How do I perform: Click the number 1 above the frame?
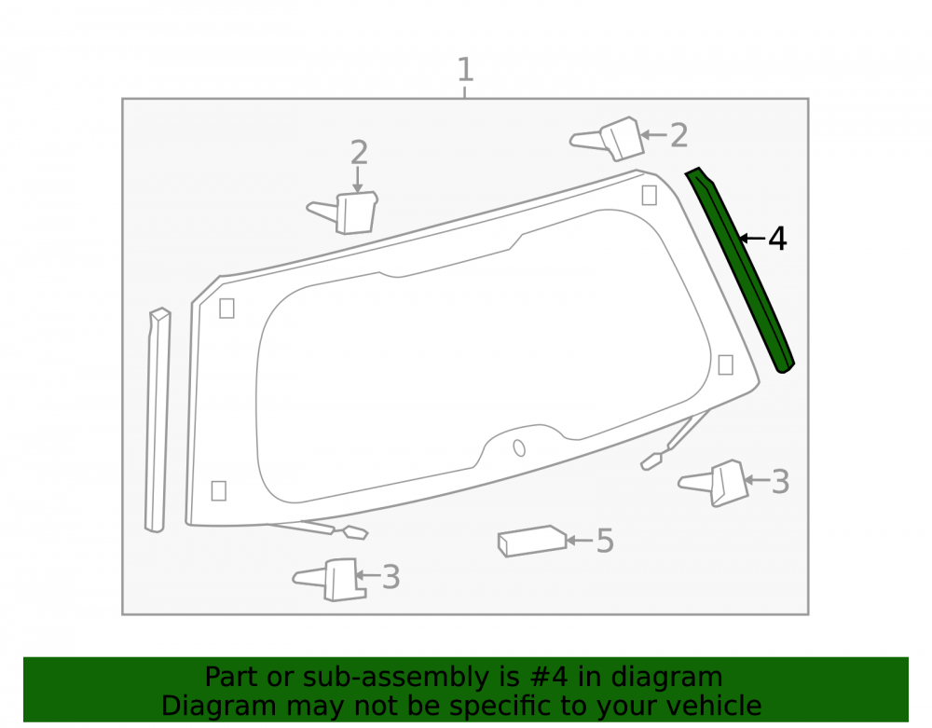coord(465,69)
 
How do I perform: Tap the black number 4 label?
coord(777,239)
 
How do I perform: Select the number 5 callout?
coord(605,541)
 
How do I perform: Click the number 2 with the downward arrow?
coord(359,153)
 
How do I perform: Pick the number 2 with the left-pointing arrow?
coord(678,135)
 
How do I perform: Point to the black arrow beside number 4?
coord(752,239)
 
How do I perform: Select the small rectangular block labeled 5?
coord(532,541)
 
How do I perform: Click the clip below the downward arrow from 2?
coord(344,213)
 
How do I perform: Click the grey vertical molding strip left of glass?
coord(158,419)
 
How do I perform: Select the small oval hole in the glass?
coord(519,448)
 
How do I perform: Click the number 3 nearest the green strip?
coord(780,481)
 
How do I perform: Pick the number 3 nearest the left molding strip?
coord(391,577)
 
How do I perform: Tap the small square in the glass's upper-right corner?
coord(649,195)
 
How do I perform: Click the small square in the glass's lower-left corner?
coord(219,491)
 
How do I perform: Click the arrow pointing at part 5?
coord(580,541)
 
